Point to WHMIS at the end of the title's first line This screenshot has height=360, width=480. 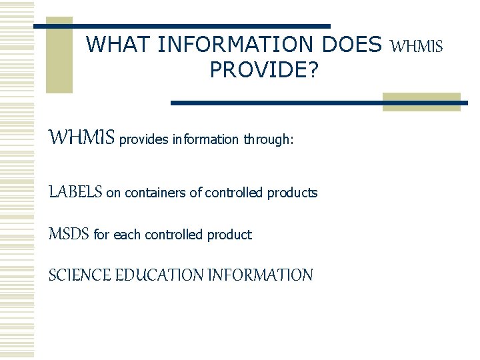[416, 46]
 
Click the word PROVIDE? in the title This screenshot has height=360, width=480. [265, 69]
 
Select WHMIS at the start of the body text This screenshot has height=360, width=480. [82, 138]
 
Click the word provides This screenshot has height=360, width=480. [144, 140]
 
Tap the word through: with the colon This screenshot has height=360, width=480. [268, 140]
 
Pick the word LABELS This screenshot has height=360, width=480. [75, 193]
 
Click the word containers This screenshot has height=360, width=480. [154, 193]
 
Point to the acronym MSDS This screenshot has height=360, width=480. [69, 234]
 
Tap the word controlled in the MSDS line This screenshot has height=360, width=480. [174, 235]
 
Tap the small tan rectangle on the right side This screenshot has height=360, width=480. [421, 101]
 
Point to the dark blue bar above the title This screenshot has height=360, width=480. [181, 26]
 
